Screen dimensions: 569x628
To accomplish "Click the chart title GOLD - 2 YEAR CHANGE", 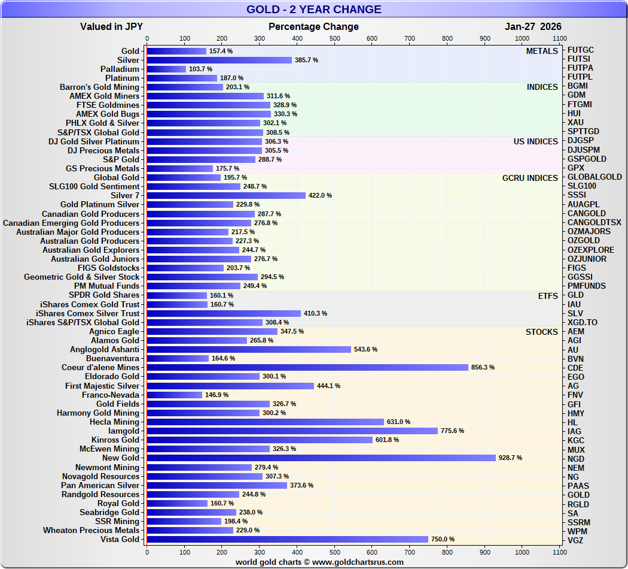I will [313, 10].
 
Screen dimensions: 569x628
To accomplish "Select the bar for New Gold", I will [321, 458].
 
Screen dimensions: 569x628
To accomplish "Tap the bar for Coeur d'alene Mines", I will [307, 367].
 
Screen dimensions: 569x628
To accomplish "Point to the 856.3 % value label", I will [483, 367].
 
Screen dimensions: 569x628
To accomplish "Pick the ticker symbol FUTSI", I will [580, 59].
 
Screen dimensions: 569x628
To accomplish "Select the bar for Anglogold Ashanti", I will [249, 349].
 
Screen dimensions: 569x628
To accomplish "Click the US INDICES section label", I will [535, 141].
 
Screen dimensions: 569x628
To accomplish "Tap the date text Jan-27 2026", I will [533, 26].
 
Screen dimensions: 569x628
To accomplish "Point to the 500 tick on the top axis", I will [335, 38].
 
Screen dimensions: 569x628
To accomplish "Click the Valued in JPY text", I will [111, 26].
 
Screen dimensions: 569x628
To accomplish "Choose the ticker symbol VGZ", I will [576, 540].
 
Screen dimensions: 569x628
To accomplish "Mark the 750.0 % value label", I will [443, 539].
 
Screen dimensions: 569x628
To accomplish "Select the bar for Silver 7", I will [226, 195].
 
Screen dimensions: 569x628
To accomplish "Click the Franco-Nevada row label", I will [110, 395].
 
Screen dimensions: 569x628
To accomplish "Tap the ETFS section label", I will [548, 295].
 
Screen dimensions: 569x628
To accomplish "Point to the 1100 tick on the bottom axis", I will [559, 552].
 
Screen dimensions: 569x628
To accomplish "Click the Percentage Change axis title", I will [313, 26].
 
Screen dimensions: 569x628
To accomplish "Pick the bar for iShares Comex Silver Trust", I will [224, 313].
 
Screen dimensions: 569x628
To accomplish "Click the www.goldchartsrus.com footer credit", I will [319, 562].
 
